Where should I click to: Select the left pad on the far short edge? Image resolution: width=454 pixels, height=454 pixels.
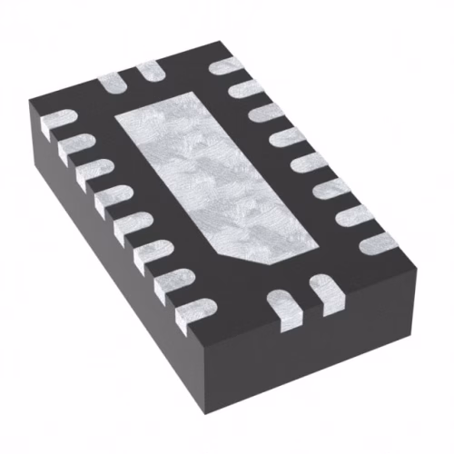coord(113,79)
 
